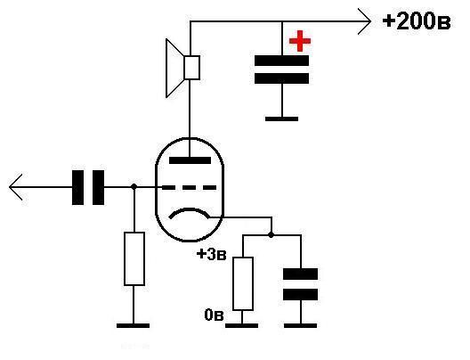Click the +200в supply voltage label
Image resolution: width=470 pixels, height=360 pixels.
[x=417, y=21]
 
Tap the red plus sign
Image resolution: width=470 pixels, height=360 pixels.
[x=300, y=41]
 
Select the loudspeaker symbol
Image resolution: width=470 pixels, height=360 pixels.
[x=182, y=68]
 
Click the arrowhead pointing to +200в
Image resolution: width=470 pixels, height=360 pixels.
[x=365, y=21]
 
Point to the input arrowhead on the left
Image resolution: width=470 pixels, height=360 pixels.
[x=16, y=186]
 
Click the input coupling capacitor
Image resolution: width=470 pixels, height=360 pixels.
[x=88, y=187]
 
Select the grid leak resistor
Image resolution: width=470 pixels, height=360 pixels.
[x=134, y=258]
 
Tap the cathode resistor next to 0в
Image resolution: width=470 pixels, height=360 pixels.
[x=243, y=283]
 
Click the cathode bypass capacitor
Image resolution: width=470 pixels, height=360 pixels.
[x=300, y=284]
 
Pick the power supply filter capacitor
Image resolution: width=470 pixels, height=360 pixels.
[x=282, y=70]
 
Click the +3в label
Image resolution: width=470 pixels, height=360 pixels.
[x=211, y=255]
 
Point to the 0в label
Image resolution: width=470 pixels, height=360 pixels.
[x=214, y=315]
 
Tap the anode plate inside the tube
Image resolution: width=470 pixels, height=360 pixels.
[x=190, y=160]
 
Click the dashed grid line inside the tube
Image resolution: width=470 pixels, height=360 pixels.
[x=189, y=188]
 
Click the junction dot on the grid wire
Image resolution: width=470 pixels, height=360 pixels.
[x=134, y=186]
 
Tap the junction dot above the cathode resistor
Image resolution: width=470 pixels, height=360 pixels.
[x=271, y=235]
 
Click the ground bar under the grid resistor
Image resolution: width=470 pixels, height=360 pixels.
[x=134, y=325]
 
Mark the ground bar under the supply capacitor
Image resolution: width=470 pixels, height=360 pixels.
[x=282, y=119]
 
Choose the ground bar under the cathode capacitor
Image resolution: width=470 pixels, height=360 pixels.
[x=300, y=325]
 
